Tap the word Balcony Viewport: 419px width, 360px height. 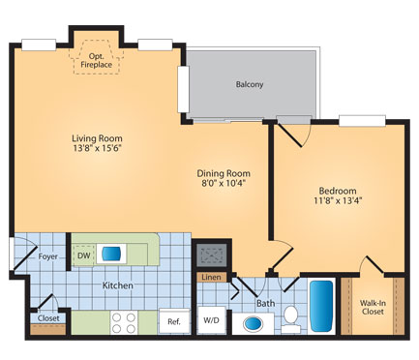pyautogui.click(x=250, y=84)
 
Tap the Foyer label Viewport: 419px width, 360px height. pyautogui.click(x=49, y=256)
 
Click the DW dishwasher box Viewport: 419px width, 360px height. pyautogui.click(x=84, y=254)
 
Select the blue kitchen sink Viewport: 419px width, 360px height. pyautogui.click(x=112, y=254)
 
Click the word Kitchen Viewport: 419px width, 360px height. pyautogui.click(x=118, y=286)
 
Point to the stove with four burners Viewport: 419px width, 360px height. pyautogui.click(x=123, y=321)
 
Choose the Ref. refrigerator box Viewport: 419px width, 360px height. pyautogui.click(x=173, y=321)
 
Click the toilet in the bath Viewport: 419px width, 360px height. pyautogui.click(x=289, y=319)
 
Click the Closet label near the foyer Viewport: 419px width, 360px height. pyautogui.click(x=47, y=317)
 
